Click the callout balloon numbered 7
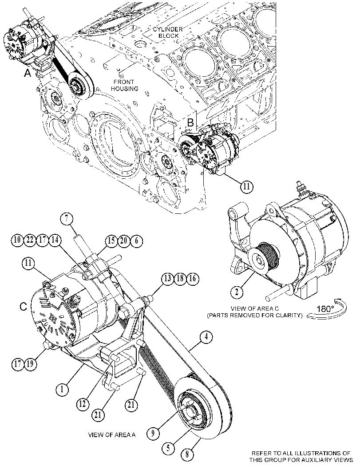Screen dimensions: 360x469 67,218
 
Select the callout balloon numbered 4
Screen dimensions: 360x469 206,337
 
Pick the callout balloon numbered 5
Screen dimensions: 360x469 169,448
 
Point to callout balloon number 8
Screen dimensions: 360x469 187,454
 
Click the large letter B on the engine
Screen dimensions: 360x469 190,122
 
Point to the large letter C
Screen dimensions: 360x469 24,306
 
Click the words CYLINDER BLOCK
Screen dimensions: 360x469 168,32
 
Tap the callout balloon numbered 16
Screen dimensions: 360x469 193,279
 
